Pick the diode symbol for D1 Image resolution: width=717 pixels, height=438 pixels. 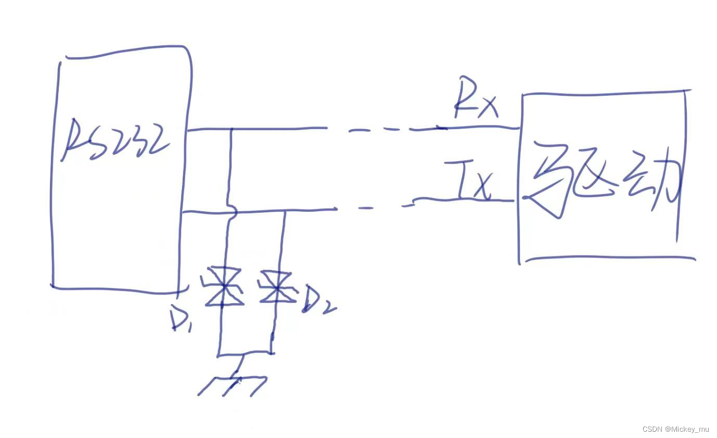pos(224,287)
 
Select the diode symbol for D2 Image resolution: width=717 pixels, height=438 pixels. pos(277,287)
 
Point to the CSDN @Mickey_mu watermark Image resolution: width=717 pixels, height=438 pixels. pos(675,429)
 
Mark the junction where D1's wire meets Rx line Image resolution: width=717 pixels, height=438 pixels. pos(231,128)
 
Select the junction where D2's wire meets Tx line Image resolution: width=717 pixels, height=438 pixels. pos(285,210)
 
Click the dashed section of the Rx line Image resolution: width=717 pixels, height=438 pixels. pos(385,129)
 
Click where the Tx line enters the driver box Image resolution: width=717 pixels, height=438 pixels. pos(518,200)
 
